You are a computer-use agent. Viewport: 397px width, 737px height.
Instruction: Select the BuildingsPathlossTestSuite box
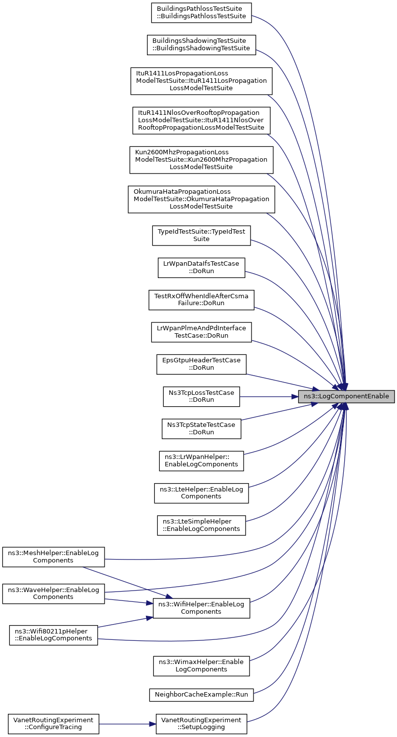(x=201, y=12)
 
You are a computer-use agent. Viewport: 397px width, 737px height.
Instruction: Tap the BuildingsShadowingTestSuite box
(x=201, y=44)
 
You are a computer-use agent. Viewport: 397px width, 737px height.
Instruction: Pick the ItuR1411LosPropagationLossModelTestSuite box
(x=201, y=81)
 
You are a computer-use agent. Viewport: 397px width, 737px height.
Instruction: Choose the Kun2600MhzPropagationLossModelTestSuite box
(x=201, y=160)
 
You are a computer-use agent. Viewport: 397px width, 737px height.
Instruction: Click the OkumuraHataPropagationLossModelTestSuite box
(x=201, y=199)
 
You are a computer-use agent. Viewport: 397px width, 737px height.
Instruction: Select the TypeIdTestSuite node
(x=201, y=235)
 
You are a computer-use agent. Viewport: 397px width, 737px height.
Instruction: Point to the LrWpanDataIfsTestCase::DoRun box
(x=201, y=268)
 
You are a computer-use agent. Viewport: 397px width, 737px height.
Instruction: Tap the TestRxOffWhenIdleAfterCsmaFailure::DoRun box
(x=201, y=300)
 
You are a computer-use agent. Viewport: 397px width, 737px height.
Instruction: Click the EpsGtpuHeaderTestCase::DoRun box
(x=201, y=364)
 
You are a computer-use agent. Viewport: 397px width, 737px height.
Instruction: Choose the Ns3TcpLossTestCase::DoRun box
(x=201, y=396)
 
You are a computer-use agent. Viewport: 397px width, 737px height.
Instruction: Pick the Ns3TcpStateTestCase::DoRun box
(x=201, y=428)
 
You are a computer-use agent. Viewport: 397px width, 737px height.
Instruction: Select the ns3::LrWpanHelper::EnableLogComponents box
(x=201, y=460)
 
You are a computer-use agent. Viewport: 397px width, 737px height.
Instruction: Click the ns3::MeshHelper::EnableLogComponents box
(x=53, y=557)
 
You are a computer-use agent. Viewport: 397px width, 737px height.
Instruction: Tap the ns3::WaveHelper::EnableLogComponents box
(x=53, y=594)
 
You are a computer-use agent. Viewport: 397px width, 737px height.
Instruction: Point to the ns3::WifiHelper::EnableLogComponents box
(x=201, y=608)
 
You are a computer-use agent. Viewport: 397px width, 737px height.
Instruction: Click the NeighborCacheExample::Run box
(x=201, y=695)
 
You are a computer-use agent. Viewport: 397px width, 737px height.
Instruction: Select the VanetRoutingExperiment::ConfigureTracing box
(x=53, y=724)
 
